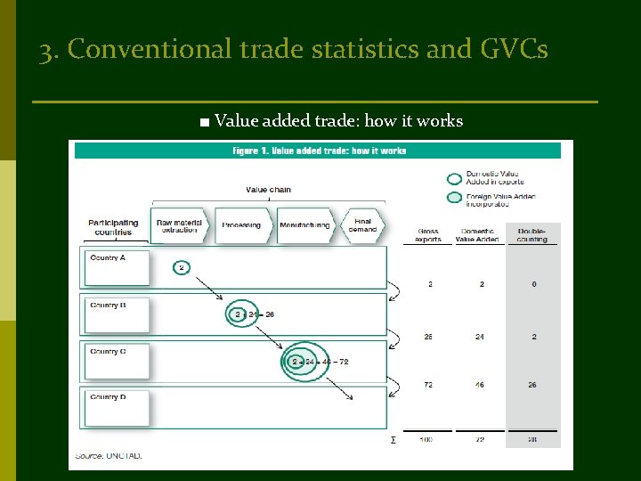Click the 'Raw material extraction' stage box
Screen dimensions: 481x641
(x=179, y=226)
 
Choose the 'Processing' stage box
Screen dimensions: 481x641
(x=241, y=225)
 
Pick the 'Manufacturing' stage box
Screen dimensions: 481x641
(x=304, y=225)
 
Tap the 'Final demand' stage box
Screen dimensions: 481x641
(x=362, y=225)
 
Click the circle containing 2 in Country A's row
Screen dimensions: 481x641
(x=182, y=267)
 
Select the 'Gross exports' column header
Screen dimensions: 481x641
(x=427, y=235)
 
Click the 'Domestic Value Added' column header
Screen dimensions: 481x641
(x=477, y=235)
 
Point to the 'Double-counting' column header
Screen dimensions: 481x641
(x=532, y=235)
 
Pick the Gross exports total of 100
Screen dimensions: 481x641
(x=429, y=440)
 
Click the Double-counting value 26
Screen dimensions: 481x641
(x=532, y=385)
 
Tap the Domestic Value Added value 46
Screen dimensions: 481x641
(x=481, y=385)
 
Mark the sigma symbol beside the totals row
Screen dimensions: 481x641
(x=393, y=440)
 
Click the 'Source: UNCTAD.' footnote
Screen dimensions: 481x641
(x=109, y=456)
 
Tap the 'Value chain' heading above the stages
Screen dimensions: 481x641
(x=268, y=189)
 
